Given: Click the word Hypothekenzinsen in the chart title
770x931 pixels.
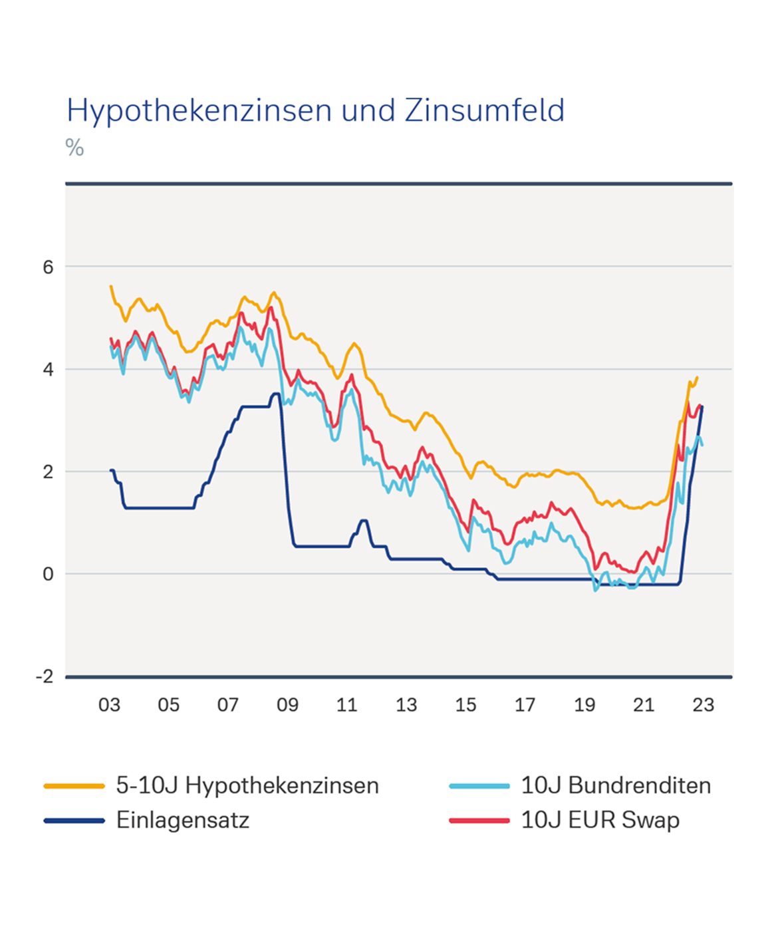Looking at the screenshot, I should click(199, 111).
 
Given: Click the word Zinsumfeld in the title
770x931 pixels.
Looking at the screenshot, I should click(484, 110).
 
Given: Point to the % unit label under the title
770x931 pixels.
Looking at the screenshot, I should click(74, 147).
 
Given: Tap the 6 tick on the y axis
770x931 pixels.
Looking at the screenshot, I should click(48, 267).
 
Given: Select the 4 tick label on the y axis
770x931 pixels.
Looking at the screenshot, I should click(48, 370).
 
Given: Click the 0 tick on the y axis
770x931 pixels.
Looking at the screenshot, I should click(48, 575).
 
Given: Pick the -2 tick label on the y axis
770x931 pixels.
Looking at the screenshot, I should click(45, 677).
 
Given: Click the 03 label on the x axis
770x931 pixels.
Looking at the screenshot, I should click(109, 705).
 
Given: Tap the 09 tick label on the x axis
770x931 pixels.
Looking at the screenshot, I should click(287, 705).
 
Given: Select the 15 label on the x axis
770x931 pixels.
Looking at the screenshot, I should click(465, 705).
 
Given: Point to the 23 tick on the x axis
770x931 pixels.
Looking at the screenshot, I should click(703, 705).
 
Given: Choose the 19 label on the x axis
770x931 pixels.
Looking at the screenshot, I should click(584, 705).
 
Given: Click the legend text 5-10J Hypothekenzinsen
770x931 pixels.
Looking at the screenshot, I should click(247, 785).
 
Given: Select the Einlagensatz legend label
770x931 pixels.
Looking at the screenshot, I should click(183, 820).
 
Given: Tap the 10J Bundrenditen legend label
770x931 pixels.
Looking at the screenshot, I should click(616, 785).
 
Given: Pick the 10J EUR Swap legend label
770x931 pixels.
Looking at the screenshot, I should click(600, 820).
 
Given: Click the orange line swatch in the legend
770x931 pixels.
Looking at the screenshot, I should click(74, 786).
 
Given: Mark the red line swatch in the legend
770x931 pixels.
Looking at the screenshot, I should click(479, 821).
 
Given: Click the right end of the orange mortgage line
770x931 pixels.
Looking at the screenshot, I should click(697, 378).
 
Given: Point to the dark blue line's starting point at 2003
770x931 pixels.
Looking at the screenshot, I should click(111, 470).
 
